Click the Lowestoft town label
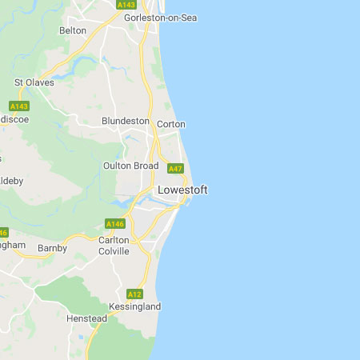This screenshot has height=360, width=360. tap(182, 190)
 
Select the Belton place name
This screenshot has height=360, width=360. tap(73, 30)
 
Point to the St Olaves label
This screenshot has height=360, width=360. tap(34, 82)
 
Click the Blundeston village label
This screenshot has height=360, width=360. tap(126, 121)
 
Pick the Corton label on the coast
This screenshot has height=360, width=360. tap(171, 124)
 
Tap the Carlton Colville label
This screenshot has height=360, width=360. tap(114, 246)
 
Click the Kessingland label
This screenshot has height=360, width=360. tap(134, 306)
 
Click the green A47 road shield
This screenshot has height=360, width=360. tap(176, 169)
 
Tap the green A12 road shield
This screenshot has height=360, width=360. tap(134, 294)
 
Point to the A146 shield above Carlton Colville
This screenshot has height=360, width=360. tap(114, 224)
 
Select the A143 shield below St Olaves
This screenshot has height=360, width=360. tap(19, 106)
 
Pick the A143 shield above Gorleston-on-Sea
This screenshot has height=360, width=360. tap(126, 4)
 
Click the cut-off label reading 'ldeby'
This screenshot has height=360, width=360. tap(12, 181)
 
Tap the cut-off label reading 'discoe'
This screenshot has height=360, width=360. tap(14, 119)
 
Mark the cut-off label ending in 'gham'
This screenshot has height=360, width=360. tap(14, 246)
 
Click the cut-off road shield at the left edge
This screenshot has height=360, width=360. tap(3, 233)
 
